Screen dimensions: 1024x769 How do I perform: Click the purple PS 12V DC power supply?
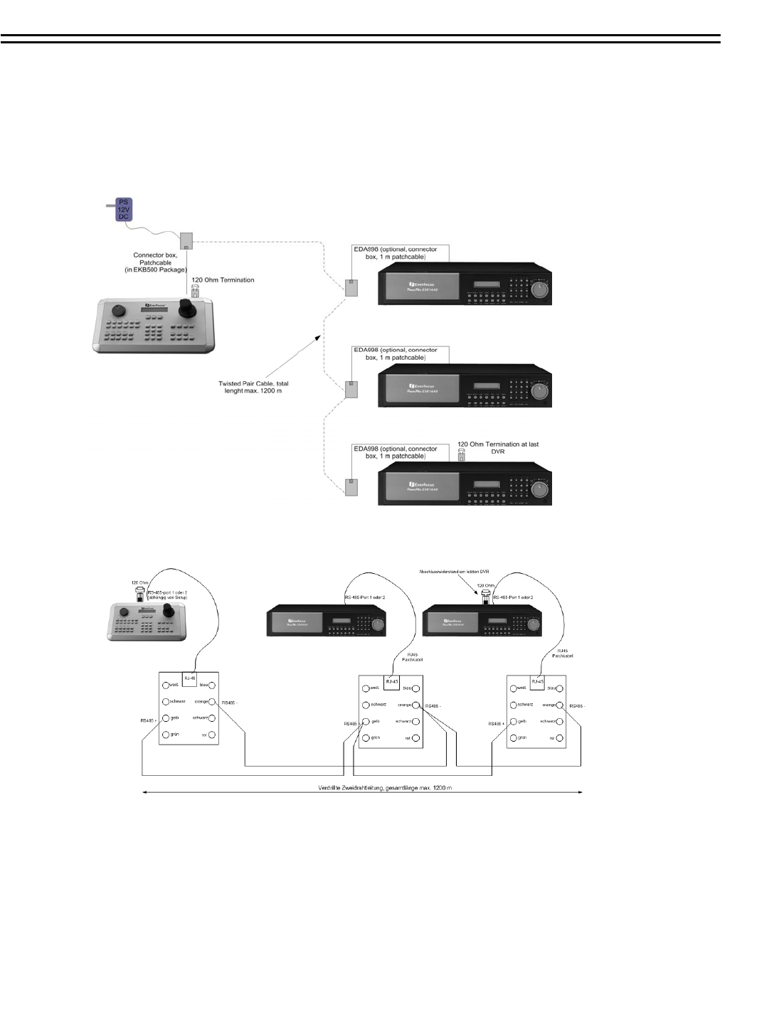tap(124, 210)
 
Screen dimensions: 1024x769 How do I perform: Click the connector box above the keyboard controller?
tap(186, 240)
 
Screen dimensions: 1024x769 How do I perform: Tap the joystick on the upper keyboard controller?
tap(187, 308)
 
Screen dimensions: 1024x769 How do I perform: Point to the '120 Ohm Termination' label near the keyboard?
tap(223, 280)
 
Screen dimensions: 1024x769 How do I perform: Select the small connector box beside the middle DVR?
tap(351, 389)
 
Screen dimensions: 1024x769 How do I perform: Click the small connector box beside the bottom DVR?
tap(351, 487)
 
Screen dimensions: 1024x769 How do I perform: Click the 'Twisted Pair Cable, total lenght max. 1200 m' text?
tap(253, 387)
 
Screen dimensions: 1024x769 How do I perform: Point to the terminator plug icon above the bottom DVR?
tap(461, 454)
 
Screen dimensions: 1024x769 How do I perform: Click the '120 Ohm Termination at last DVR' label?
tap(498, 448)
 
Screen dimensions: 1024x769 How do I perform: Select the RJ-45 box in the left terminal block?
tap(190, 678)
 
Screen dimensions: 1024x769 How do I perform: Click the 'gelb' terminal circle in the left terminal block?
tap(166, 718)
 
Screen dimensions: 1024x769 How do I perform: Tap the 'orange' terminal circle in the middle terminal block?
tap(416, 705)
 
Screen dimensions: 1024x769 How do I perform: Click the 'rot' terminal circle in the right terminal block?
tap(560, 738)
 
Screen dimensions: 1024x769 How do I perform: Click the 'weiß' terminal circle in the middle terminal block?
tap(366, 688)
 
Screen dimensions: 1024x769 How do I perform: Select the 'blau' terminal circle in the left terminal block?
tap(212, 685)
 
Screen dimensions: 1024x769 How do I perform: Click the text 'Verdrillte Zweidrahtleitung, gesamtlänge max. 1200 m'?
tap(385, 788)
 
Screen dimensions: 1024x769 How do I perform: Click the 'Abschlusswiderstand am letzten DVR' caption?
tap(454, 572)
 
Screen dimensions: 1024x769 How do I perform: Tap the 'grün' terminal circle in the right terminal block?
tap(513, 738)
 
